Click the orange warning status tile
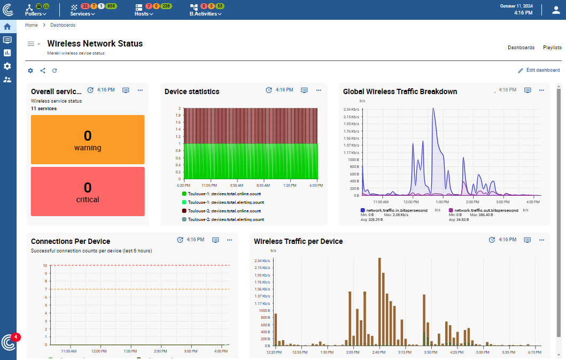[x=88, y=139]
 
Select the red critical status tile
[x=88, y=191]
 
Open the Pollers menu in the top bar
[x=36, y=14]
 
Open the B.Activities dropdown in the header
[x=205, y=14]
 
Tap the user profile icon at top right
[x=556, y=10]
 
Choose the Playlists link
[x=552, y=48]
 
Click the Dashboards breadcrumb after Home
[x=63, y=25]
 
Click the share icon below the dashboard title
[x=43, y=71]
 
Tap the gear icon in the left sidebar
[x=7, y=66]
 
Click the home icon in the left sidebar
[x=7, y=26]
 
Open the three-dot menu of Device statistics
[x=319, y=90]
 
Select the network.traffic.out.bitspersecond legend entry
[x=486, y=210]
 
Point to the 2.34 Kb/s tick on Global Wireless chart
[x=351, y=110]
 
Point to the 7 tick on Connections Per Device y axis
[x=46, y=289]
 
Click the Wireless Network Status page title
[x=95, y=43]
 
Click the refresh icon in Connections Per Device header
[x=180, y=240]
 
